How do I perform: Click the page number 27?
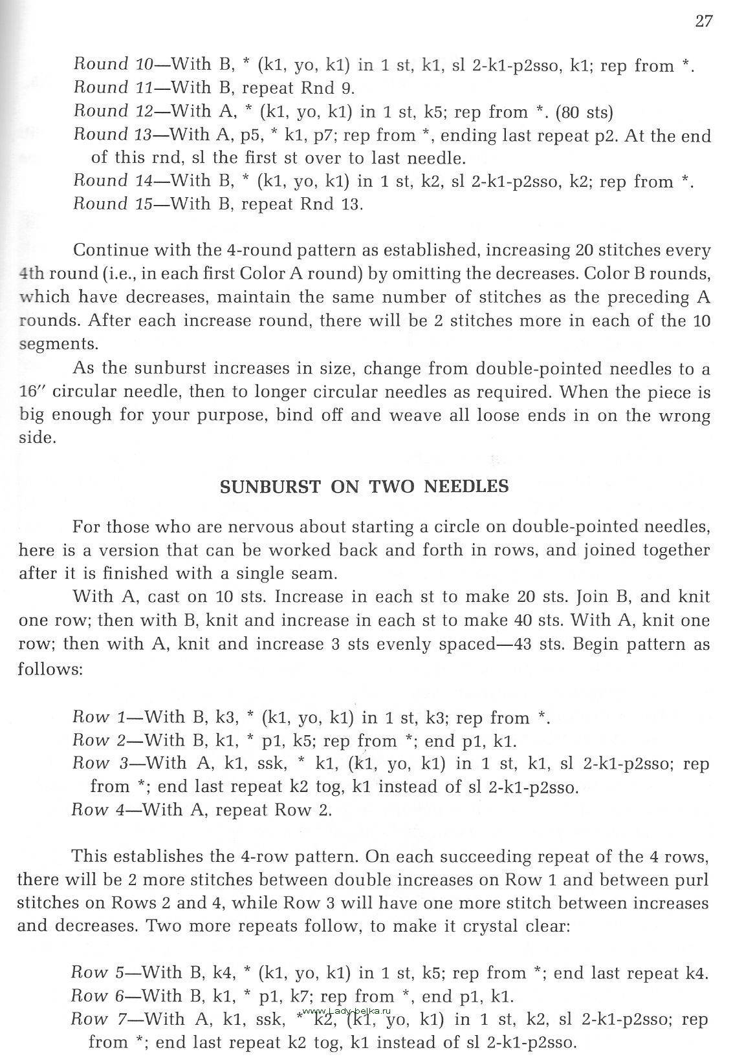click(x=704, y=21)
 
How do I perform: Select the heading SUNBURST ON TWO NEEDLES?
click(x=364, y=487)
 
